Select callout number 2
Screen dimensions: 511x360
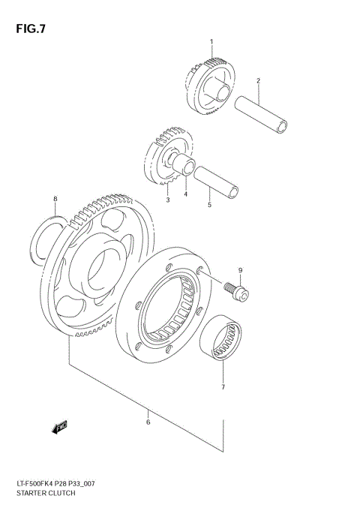click(x=258, y=80)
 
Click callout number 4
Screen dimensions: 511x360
click(x=186, y=195)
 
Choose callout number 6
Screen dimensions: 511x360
click(x=148, y=422)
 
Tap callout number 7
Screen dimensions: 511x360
click(x=223, y=388)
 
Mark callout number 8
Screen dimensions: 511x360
click(x=54, y=199)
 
